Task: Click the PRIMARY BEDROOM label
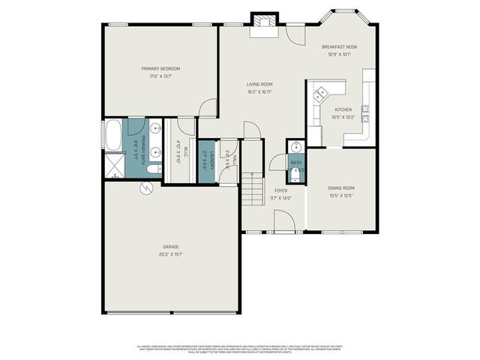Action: [x=160, y=68]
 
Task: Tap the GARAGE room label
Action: [x=171, y=246]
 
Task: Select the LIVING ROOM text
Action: [x=260, y=84]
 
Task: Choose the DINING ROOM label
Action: [x=341, y=187]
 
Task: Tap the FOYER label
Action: [x=280, y=190]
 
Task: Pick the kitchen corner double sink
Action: [x=321, y=94]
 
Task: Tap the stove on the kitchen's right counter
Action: [x=366, y=112]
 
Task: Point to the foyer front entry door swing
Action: [x=283, y=221]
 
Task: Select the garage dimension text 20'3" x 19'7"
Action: [x=171, y=254]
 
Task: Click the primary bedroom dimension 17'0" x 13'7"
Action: [x=160, y=76]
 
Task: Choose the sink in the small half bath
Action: [x=296, y=147]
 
